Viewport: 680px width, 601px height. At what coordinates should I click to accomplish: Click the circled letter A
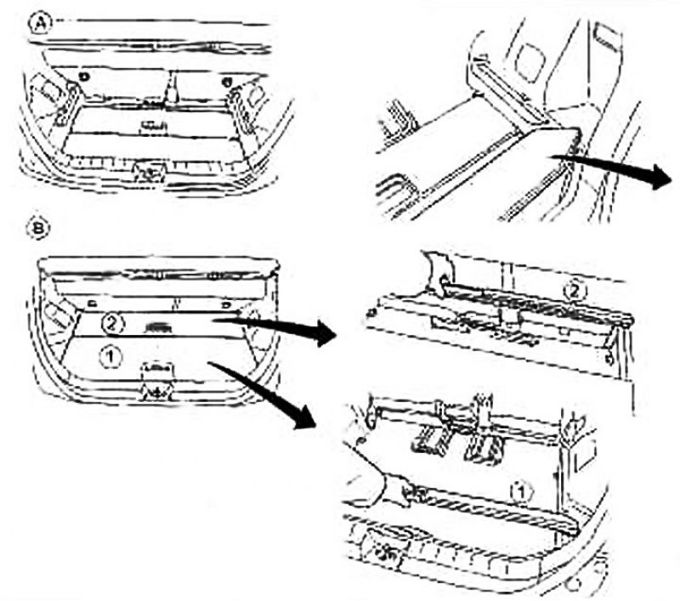point(41,24)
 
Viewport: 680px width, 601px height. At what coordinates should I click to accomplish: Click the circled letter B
point(38,228)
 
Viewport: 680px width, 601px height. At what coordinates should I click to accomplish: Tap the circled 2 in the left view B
point(112,323)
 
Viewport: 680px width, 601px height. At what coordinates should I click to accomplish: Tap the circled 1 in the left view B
point(110,357)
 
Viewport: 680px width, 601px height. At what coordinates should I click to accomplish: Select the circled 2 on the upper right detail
point(575,291)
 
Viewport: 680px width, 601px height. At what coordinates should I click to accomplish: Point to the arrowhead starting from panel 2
point(325,333)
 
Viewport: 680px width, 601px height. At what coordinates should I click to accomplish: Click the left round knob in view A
point(84,77)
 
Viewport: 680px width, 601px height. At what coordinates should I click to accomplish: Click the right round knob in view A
point(226,81)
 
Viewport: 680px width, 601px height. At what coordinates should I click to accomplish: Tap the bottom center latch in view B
point(157,382)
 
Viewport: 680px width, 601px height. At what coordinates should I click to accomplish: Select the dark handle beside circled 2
point(159,328)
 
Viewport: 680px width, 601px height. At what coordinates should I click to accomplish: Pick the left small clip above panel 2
point(92,303)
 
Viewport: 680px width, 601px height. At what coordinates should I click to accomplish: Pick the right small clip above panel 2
point(225,306)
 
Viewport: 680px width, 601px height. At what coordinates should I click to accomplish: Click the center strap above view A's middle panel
point(173,89)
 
